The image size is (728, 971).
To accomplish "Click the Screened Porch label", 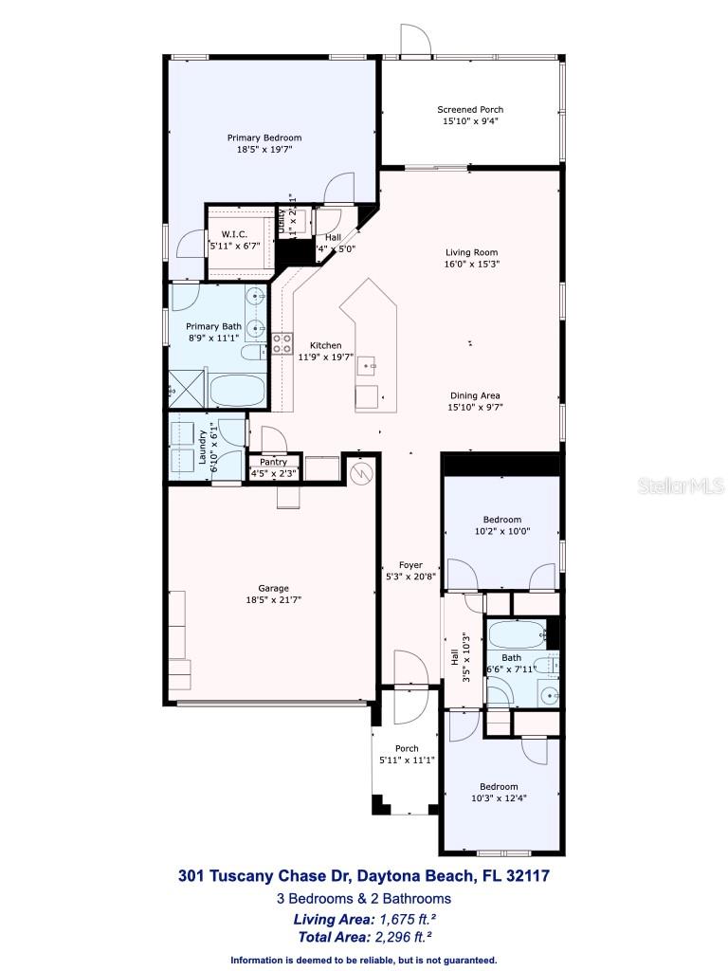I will coord(470,110).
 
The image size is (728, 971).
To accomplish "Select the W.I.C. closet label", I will coord(234,234).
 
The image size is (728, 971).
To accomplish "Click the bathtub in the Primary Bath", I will coord(238,390).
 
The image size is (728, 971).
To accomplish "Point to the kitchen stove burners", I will coord(282,343).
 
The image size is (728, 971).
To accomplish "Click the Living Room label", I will coord(472,252).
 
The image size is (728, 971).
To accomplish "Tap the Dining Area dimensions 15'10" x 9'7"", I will coord(476,408).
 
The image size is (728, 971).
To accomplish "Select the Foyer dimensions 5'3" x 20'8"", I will coord(410,577).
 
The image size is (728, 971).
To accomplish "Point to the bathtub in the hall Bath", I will coord(517,632).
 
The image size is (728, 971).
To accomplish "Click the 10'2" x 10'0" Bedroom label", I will coord(501,520).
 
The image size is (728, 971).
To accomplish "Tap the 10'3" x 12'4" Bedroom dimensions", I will coord(498,798).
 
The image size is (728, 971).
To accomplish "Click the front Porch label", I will coord(407,749).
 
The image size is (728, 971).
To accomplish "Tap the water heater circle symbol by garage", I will coord(359,471).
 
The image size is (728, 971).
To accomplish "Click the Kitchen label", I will coord(326,346).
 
